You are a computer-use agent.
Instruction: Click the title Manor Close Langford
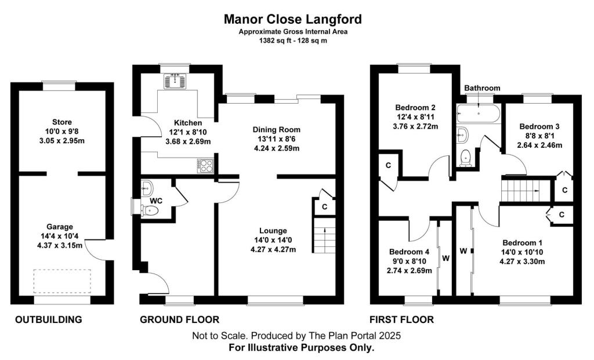coord(293,19)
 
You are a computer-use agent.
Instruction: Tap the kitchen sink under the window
coord(175,82)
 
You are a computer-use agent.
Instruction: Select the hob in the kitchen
coord(205,166)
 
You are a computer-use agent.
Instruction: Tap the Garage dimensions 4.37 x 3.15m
coord(61,245)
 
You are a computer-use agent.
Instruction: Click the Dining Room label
coord(276,129)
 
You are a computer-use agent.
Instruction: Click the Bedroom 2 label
coord(415,108)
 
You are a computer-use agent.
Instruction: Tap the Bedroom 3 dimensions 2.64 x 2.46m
coord(539,146)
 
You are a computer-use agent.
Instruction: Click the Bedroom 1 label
coord(523,242)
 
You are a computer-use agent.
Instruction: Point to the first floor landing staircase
coord(524,188)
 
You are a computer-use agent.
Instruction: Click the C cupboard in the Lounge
coord(325,206)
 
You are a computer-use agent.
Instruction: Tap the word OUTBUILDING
coord(48,319)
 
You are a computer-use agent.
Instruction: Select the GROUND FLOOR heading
coord(180,319)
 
